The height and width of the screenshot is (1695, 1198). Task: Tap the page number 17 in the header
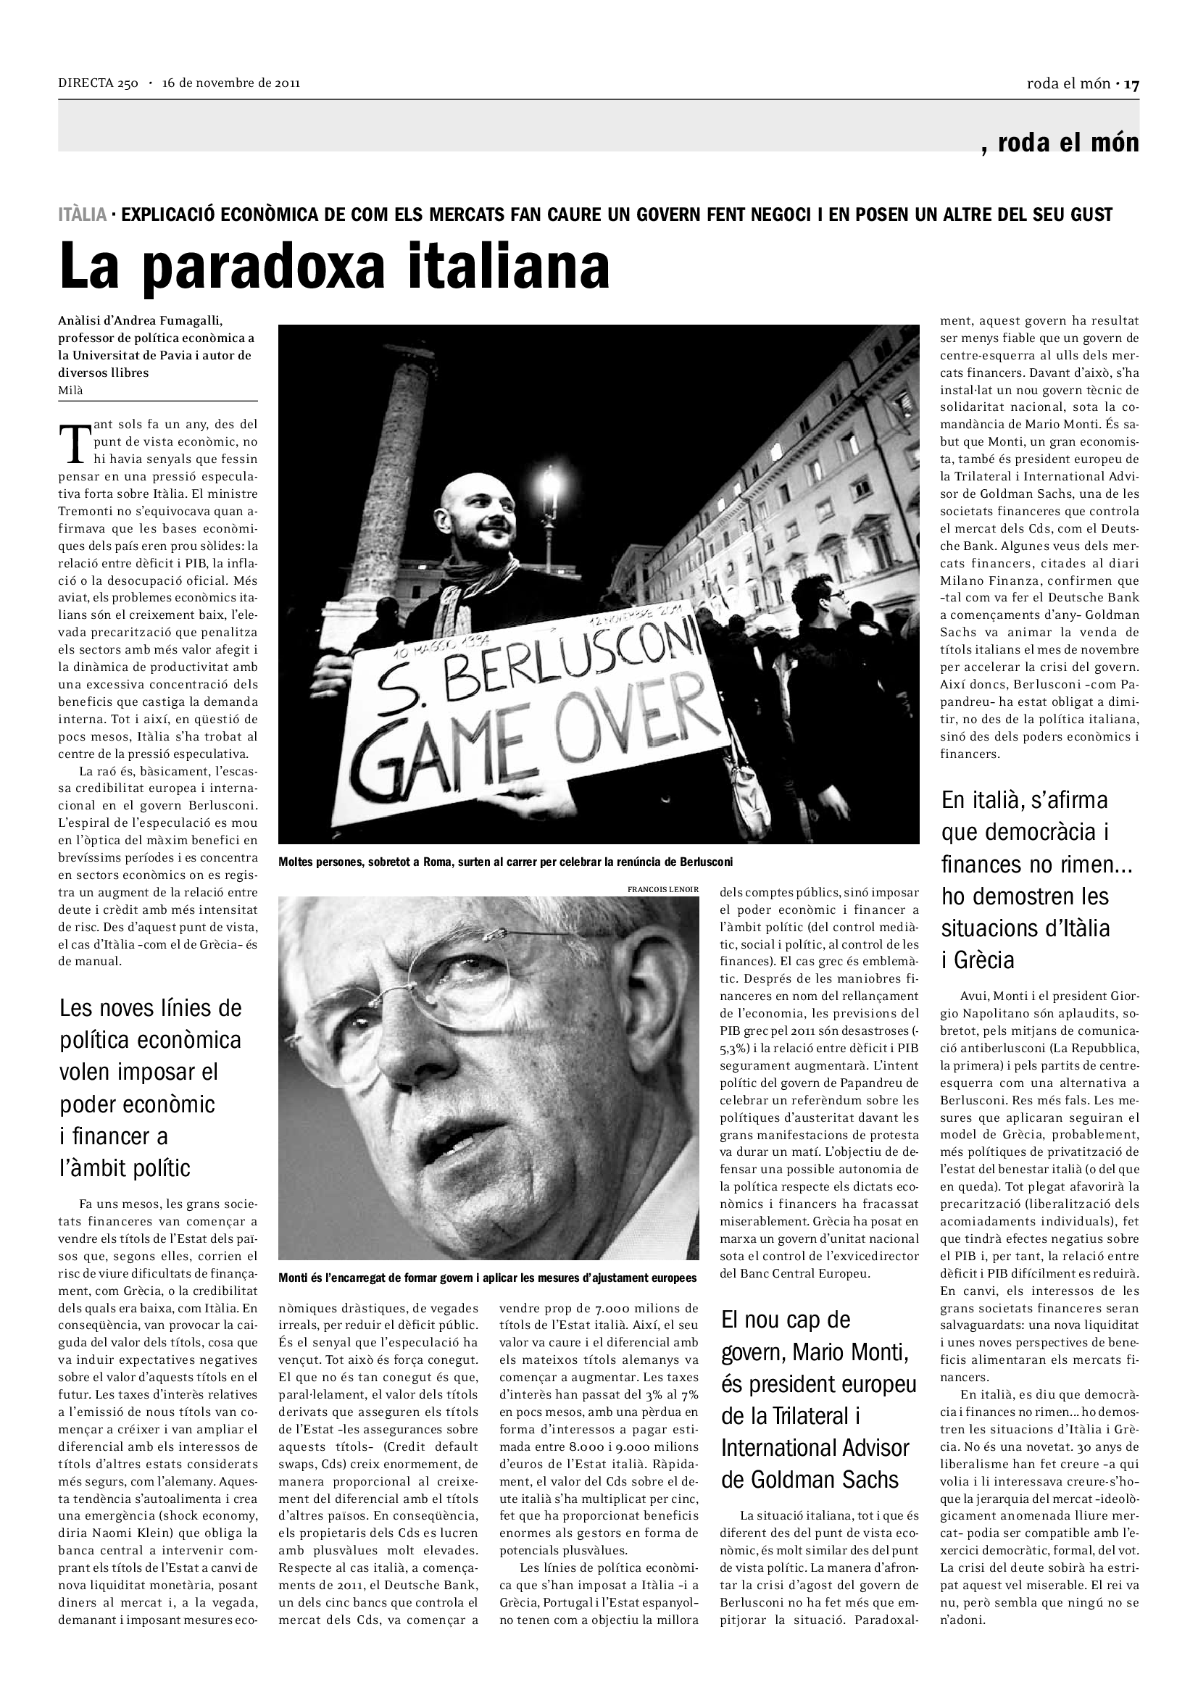[x=1132, y=84]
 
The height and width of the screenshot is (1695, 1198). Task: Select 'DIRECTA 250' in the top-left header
[x=98, y=83]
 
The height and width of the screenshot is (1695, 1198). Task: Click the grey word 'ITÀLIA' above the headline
[x=83, y=215]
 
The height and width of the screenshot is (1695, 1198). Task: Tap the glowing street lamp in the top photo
[x=550, y=483]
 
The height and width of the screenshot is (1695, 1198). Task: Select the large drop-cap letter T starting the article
[x=73, y=441]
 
